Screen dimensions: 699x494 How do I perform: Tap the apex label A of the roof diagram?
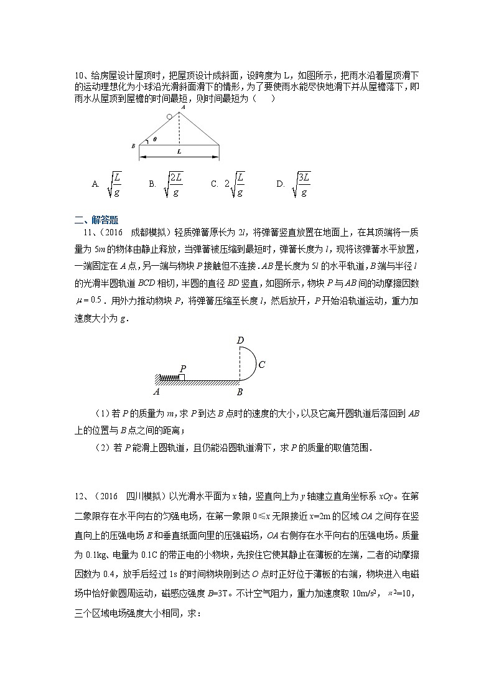pyautogui.click(x=182, y=107)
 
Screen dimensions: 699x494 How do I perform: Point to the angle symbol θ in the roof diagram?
pyautogui.click(x=154, y=140)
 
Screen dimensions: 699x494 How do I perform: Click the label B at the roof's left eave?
pyautogui.click(x=133, y=146)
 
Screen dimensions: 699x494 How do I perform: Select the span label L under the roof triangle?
pyautogui.click(x=179, y=151)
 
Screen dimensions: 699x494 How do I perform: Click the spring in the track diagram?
pyautogui.click(x=169, y=377)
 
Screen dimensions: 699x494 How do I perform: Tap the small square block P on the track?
pyautogui.click(x=181, y=377)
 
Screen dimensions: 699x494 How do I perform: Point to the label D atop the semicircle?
pyautogui.click(x=241, y=340)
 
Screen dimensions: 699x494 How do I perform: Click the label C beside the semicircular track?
pyautogui.click(x=262, y=365)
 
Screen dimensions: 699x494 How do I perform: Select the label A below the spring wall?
pyautogui.click(x=156, y=392)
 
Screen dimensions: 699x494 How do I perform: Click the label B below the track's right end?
pyautogui.click(x=240, y=392)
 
